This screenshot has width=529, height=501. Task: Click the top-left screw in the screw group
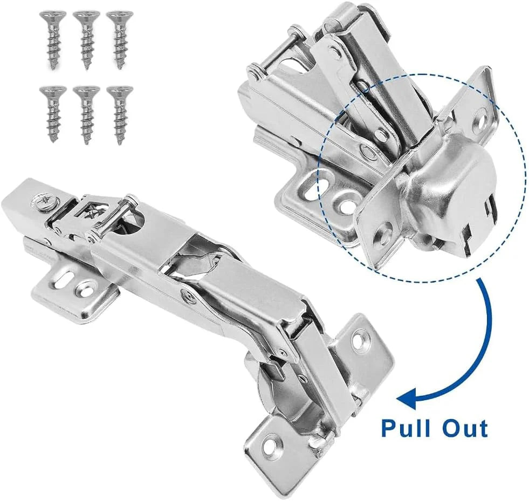[x=53, y=39]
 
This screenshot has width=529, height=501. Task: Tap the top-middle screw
[x=86, y=39]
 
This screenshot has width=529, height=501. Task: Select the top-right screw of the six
[x=120, y=39]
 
